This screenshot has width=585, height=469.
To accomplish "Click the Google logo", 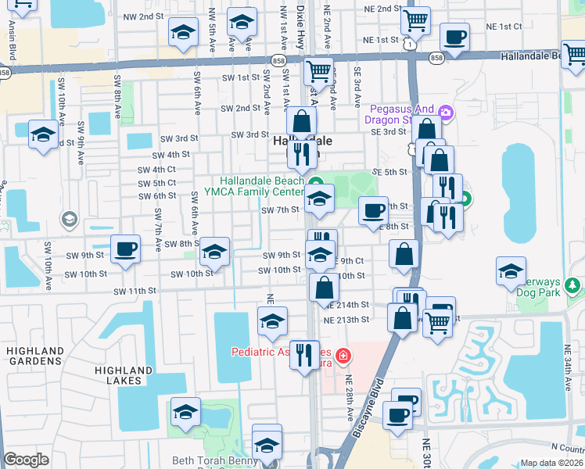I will [x=27, y=460].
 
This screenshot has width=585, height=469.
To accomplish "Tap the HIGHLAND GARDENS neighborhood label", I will [x=35, y=356].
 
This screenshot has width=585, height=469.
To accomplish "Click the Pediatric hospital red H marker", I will [x=343, y=358].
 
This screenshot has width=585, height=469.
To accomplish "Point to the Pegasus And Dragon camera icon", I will [x=445, y=113].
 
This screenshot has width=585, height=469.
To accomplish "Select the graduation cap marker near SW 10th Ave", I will [x=42, y=134].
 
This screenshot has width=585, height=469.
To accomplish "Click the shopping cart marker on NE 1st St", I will [x=415, y=19].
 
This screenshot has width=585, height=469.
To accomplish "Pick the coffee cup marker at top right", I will [x=455, y=37].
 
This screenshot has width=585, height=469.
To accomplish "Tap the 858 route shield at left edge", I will [x=5, y=72].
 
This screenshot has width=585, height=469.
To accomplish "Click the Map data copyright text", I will [x=551, y=463].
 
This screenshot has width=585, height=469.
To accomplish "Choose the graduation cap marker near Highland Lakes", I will [x=185, y=412].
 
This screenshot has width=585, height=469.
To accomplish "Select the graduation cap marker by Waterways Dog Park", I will [x=511, y=271].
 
